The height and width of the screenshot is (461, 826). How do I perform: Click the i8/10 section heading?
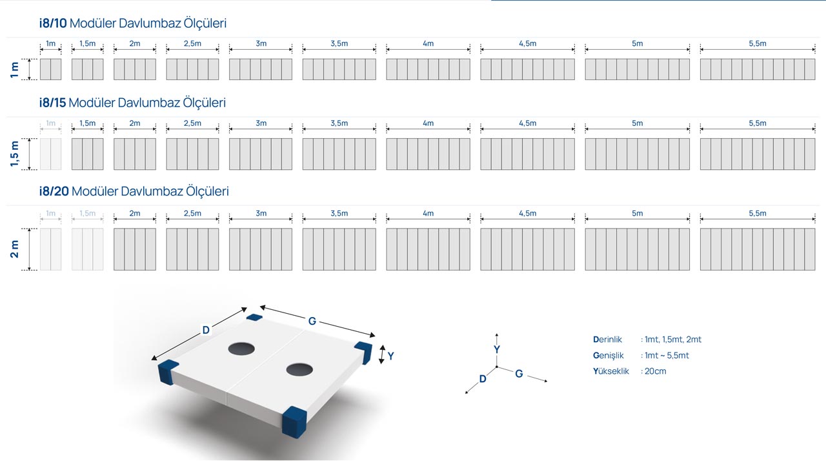pyautogui.click(x=133, y=23)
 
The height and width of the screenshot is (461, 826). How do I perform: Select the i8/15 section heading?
pyautogui.click(x=132, y=103)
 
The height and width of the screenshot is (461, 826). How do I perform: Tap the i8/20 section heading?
pyautogui.click(x=134, y=191)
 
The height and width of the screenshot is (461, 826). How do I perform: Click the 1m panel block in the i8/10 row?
pyautogui.click(x=50, y=69)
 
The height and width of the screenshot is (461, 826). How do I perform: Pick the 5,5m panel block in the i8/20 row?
pyautogui.click(x=758, y=249)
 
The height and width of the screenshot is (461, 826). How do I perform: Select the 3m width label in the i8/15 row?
pyautogui.click(x=261, y=123)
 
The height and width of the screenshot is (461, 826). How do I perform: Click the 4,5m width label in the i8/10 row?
pyautogui.click(x=528, y=43)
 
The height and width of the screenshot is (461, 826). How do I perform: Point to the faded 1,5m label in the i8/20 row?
pyautogui.click(x=87, y=213)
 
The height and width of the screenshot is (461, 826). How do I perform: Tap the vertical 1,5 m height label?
pyautogui.click(x=14, y=154)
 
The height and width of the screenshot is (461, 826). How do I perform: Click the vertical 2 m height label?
pyautogui.click(x=14, y=249)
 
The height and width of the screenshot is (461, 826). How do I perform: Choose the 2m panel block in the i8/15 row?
pyautogui.click(x=135, y=154)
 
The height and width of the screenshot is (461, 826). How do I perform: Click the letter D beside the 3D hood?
pyautogui.click(x=206, y=330)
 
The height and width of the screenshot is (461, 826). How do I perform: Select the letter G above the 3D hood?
pyautogui.click(x=312, y=322)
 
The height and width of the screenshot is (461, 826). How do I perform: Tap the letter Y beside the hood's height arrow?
pyautogui.click(x=391, y=356)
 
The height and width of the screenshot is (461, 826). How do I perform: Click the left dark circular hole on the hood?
pyautogui.click(x=241, y=349)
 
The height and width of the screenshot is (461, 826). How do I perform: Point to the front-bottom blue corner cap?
pyautogui.click(x=294, y=422)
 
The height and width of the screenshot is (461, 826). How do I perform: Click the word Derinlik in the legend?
pyautogui.click(x=607, y=340)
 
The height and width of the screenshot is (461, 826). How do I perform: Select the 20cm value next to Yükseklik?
pyautogui.click(x=655, y=371)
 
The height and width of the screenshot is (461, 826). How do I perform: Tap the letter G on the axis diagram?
pyautogui.click(x=519, y=374)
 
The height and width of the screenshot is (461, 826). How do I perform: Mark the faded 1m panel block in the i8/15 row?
pyautogui.click(x=50, y=154)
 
